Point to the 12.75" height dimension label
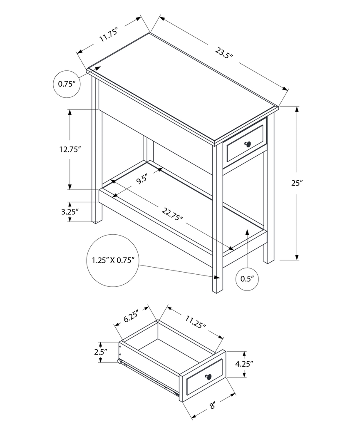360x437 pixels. tap(69, 150)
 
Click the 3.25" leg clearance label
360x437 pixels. tap(69, 211)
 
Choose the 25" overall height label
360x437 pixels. tap(296, 183)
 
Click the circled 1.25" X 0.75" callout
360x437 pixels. tap(112, 261)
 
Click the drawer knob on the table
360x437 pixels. tap(248, 144)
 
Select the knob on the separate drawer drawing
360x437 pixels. tap(208, 377)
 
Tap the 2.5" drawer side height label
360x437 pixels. tap(100, 352)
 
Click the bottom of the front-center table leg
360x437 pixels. tap(217, 290)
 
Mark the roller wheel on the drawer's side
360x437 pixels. tap(120, 362)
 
